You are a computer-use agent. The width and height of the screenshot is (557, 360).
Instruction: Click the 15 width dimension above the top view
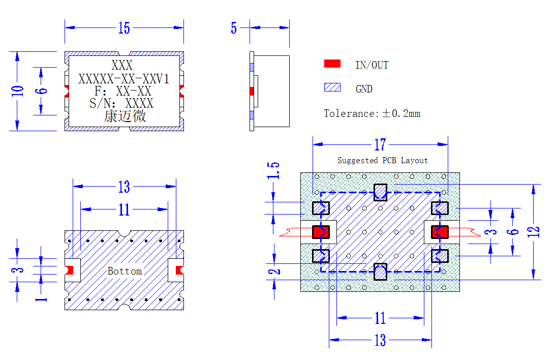[124, 28]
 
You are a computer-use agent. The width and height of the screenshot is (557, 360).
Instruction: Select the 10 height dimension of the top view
[17, 91]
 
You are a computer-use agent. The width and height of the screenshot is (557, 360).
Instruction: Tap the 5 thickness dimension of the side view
[234, 28]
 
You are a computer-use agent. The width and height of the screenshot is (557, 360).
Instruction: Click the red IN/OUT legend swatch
[332, 64]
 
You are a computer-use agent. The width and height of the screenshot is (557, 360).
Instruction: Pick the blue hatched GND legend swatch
[332, 87]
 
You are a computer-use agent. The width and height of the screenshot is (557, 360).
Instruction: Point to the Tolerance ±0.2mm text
[372, 113]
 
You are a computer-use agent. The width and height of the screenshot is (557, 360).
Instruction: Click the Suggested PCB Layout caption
[383, 160]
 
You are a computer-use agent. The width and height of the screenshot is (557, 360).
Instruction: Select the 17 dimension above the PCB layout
[380, 144]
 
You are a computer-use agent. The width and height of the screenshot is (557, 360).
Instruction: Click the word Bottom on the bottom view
[125, 271]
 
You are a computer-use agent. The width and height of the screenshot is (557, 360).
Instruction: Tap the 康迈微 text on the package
[125, 116]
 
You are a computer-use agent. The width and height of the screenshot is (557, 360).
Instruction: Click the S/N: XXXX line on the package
[121, 103]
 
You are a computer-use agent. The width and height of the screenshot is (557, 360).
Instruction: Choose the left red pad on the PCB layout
[321, 232]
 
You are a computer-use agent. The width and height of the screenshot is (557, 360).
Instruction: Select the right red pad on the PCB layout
[440, 232]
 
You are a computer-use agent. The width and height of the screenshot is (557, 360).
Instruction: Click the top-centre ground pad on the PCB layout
[381, 192]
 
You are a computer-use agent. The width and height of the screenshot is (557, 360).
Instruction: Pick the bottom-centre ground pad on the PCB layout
[381, 272]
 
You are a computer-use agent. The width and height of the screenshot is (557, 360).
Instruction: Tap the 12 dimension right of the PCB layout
[534, 232]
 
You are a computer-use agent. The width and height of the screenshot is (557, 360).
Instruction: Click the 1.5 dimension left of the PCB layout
[273, 170]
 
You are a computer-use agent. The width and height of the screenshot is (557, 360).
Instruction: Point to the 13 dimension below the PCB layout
[380, 340]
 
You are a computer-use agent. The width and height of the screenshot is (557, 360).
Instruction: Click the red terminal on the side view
[252, 92]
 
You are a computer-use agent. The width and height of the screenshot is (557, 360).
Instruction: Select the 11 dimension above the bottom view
[124, 209]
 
